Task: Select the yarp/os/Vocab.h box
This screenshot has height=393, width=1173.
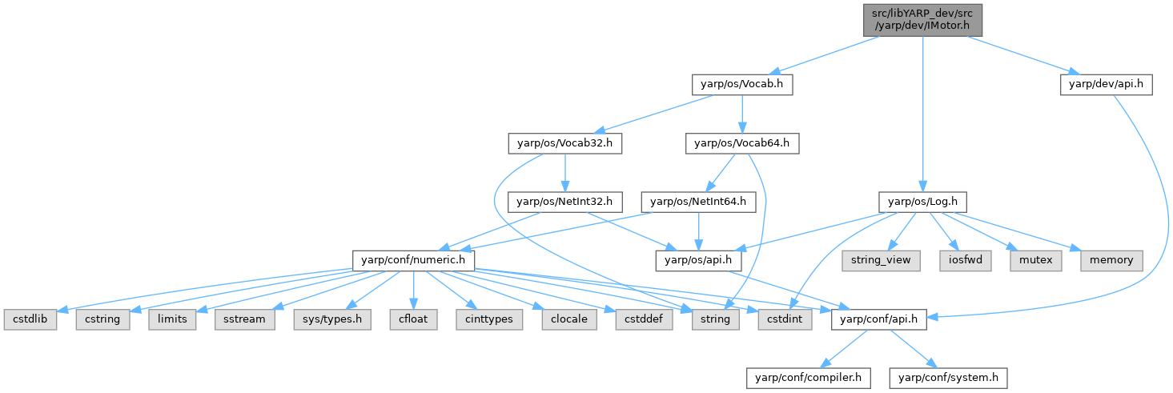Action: pyautogui.click(x=742, y=84)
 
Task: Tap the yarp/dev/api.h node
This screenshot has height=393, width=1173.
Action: pyautogui.click(x=1106, y=84)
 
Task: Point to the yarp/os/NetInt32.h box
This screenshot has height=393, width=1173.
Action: pyautogui.click(x=565, y=202)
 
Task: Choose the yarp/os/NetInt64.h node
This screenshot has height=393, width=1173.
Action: pyautogui.click(x=698, y=202)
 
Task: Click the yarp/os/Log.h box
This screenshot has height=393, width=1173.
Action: pyautogui.click(x=923, y=202)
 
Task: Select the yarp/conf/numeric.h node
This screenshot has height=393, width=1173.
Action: pyautogui.click(x=414, y=260)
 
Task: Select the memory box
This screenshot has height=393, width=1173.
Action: pyautogui.click(x=1111, y=260)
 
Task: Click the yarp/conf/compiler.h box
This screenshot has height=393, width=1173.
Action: pyautogui.click(x=809, y=376)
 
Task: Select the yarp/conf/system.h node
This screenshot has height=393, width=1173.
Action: pyautogui.click(x=948, y=376)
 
